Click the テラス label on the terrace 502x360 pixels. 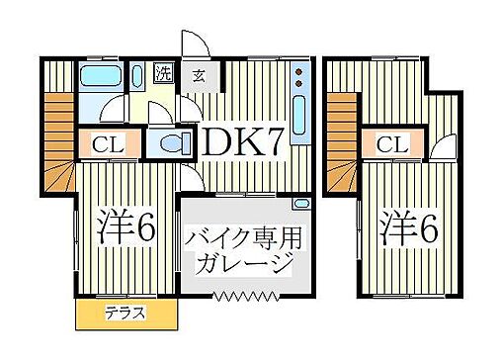(125, 314)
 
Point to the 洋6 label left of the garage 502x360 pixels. (126, 228)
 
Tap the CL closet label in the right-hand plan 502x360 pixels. (393, 144)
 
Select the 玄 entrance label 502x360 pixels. (199, 74)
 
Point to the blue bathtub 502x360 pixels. (100, 77)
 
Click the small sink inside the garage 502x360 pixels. (302, 204)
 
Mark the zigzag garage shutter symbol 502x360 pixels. (242, 295)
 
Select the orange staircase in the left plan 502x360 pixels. (57, 138)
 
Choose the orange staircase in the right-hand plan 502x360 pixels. (343, 138)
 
